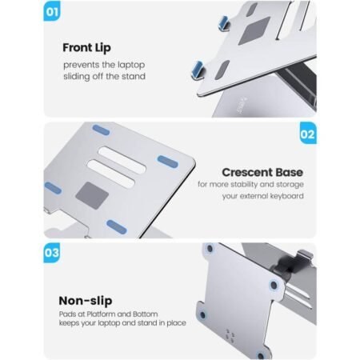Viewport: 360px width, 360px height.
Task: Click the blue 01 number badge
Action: pyautogui.click(x=52, y=14)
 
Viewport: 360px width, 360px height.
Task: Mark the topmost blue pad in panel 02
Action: pyautogui.click(x=101, y=128)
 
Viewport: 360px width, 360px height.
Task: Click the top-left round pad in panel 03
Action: pyautogui.click(x=210, y=249)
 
